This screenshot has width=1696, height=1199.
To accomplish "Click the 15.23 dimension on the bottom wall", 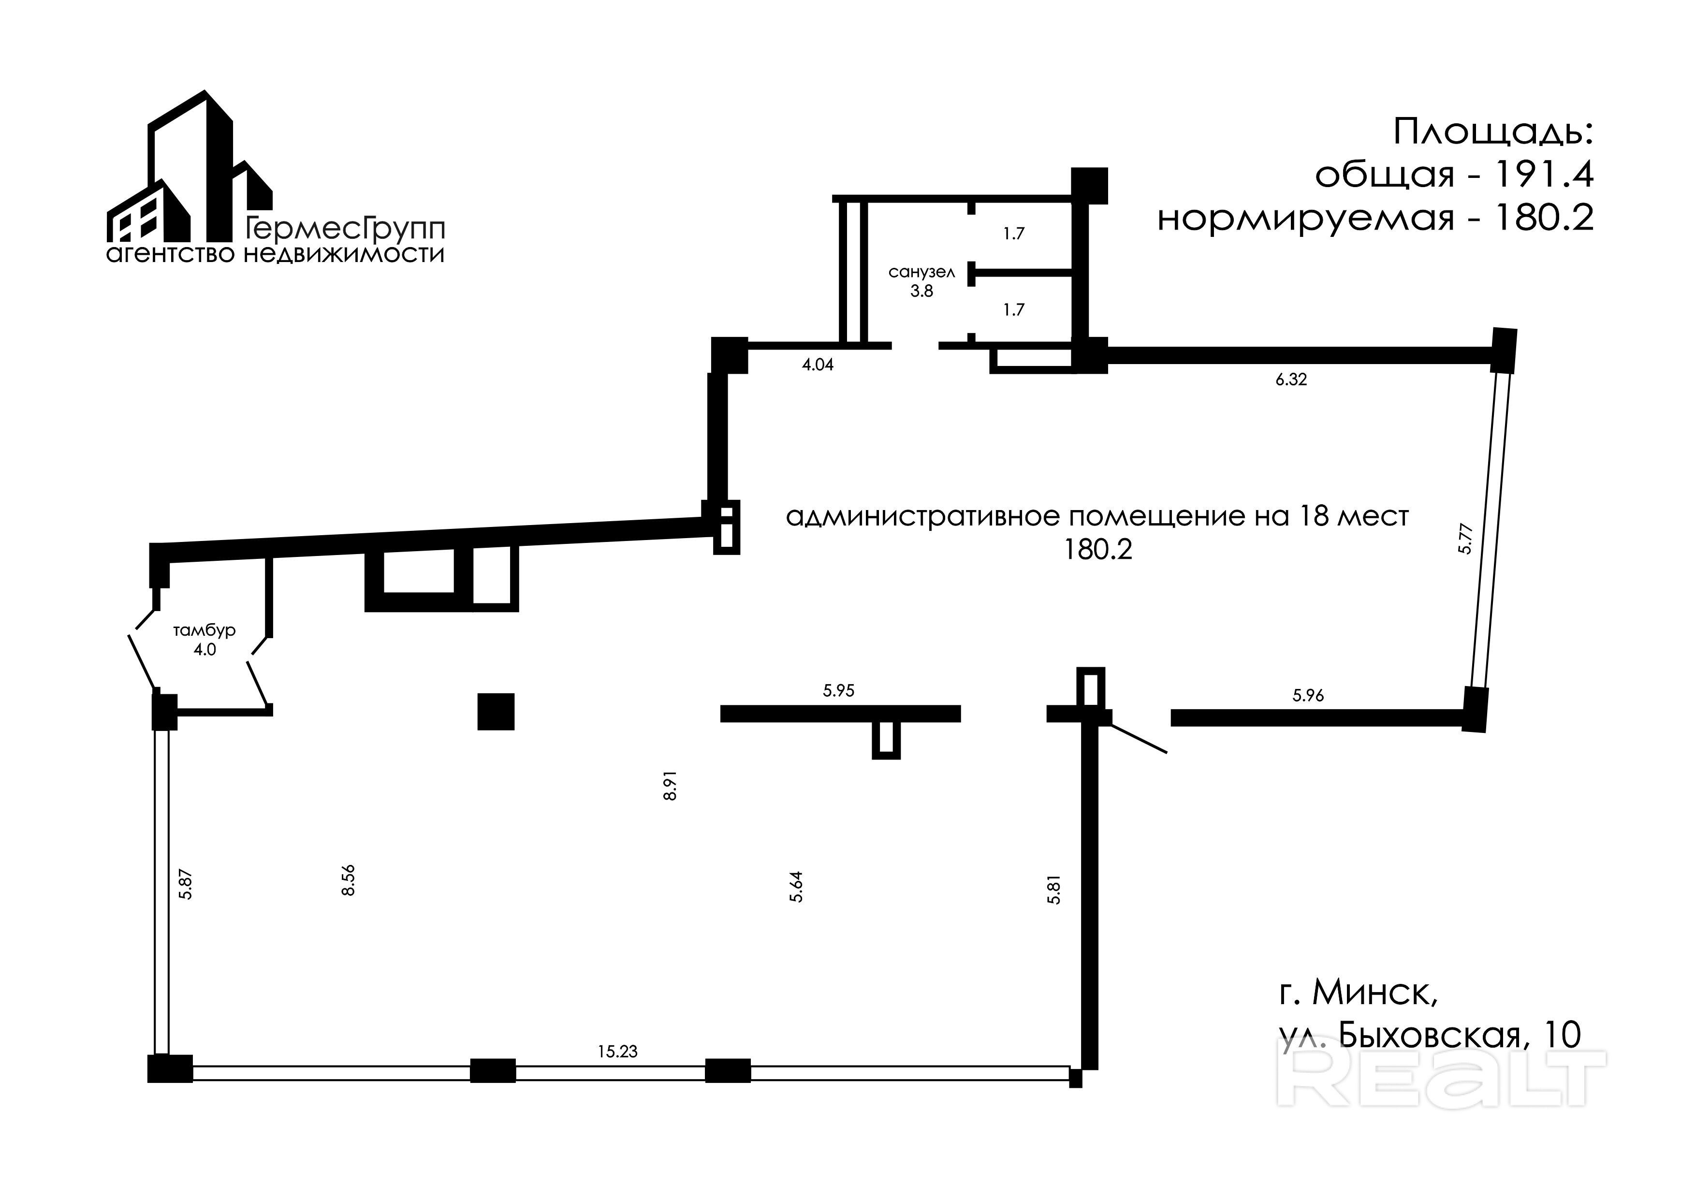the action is click(617, 1051).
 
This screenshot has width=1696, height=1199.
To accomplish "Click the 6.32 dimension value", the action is click(1291, 380).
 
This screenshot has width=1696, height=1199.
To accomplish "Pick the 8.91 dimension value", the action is click(670, 785).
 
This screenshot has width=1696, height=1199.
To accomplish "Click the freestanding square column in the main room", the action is click(496, 711).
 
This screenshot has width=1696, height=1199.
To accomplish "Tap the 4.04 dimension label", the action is click(818, 364).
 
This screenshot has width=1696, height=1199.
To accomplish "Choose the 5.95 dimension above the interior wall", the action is click(838, 691).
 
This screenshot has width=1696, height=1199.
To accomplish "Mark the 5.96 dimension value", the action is click(1308, 695).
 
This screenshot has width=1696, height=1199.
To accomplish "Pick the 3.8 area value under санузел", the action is click(922, 291).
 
